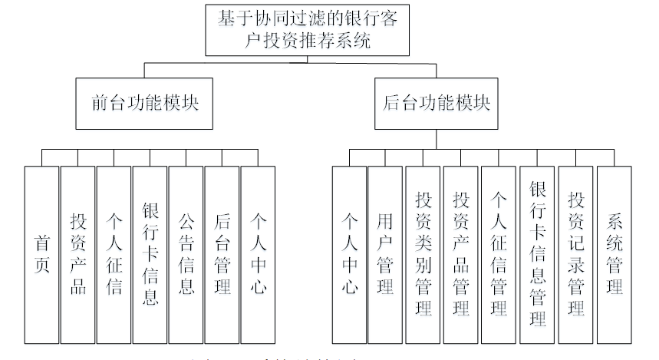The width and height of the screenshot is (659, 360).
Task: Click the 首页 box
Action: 41,254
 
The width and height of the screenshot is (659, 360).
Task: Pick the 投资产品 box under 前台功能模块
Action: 77,254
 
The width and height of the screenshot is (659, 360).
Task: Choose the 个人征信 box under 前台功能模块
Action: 114,254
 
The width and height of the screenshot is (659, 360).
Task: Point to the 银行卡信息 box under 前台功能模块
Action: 150,254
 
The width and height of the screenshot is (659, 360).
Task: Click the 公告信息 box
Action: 186,254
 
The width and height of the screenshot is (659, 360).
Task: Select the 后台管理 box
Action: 222,254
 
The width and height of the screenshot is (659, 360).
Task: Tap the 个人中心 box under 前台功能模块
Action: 258,254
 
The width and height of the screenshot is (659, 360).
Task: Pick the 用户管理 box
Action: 385,254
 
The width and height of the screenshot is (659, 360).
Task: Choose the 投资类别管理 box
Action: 423,254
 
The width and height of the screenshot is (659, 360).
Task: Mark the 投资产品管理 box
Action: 461,254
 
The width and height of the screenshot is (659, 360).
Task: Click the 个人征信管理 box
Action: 499,254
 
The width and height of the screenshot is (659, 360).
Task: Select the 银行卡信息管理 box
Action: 537,254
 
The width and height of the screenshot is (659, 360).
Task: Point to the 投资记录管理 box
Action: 575,254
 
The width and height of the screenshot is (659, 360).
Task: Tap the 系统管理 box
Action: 615,254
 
